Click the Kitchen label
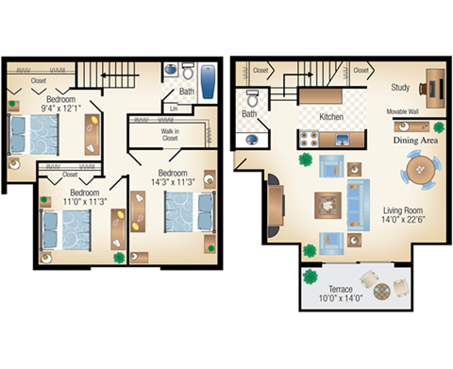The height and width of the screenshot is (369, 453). [x=331, y=117]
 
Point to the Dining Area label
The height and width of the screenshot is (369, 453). [x=414, y=139]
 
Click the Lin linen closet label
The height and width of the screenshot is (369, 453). [x=174, y=109]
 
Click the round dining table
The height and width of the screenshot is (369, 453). [x=421, y=173]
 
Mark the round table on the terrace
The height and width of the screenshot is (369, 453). [x=380, y=293]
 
